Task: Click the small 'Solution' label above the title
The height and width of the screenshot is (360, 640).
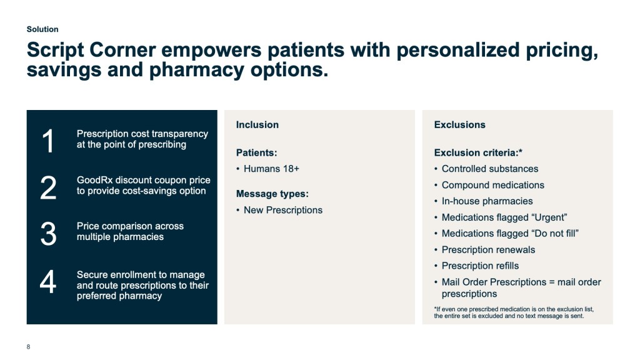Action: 42,29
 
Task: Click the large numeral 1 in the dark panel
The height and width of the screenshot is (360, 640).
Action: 48,141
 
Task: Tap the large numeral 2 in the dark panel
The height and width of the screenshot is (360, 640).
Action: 48,187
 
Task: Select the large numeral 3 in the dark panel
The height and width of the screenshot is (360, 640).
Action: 48,234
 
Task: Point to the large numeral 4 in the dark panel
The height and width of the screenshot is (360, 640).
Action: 47,281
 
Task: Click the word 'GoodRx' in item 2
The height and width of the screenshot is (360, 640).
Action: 95,180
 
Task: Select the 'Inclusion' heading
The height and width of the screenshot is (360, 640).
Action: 257,125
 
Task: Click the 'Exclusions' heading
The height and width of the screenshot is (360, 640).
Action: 459,125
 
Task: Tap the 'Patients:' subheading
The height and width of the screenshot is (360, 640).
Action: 256,152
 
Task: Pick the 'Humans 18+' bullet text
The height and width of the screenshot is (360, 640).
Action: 271,169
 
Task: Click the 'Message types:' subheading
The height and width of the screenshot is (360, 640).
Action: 272,194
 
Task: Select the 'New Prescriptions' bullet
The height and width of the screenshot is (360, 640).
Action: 283,210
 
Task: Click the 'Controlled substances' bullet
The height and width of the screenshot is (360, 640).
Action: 490,169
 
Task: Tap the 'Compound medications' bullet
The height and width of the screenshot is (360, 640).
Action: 492,185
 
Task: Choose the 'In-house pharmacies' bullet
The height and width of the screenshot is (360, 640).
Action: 487,201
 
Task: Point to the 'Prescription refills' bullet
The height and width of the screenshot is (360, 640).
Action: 480,266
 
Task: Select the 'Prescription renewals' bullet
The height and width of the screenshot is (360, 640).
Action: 488,250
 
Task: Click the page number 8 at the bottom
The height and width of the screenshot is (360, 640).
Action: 28,347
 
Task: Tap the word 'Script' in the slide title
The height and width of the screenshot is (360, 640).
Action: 55,50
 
